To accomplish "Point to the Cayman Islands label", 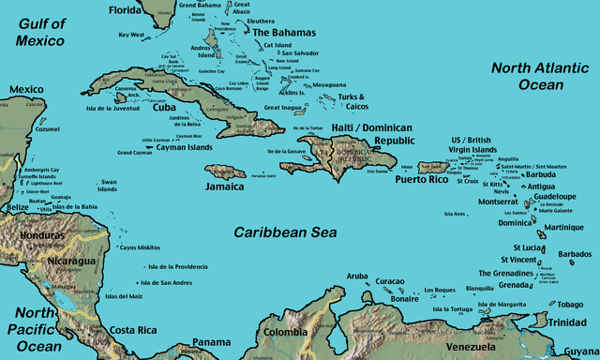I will (187, 147).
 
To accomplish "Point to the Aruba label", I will (357, 276).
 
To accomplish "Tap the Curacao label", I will (389, 281).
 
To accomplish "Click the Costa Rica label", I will (132, 330).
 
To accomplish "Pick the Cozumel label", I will (46, 130).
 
